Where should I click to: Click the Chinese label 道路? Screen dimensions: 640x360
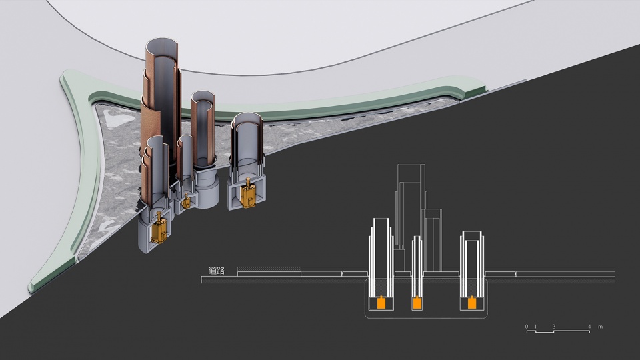(216, 271)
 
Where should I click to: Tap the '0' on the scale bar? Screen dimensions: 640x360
(527, 327)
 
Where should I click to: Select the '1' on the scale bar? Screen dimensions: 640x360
(535, 327)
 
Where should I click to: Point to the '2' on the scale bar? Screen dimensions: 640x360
(554, 327)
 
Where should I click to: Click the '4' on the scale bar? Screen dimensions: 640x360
(589, 327)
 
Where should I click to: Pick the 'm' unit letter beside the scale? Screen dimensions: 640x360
(601, 327)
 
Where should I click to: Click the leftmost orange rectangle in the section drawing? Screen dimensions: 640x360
(381, 303)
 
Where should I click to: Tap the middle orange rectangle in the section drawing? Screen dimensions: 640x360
(417, 303)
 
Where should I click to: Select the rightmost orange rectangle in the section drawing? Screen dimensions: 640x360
(472, 303)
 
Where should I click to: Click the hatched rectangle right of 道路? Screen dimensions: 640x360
(269, 269)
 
